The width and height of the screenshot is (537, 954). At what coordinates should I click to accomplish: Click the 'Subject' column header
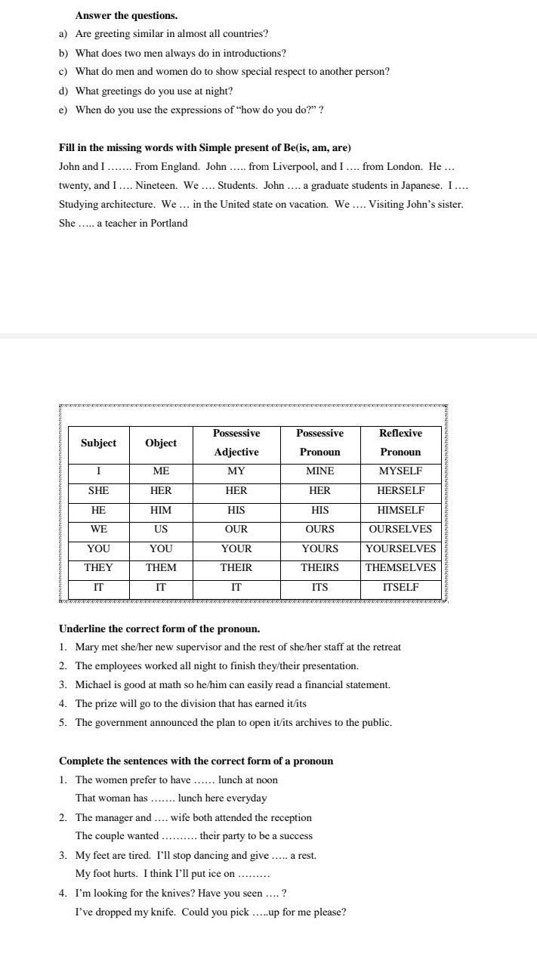click(98, 443)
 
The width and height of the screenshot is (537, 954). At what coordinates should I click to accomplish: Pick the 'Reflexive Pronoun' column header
click(400, 443)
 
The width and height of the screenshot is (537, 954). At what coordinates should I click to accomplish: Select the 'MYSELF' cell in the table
click(400, 471)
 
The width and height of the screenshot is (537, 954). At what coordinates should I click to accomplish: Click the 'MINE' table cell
click(319, 471)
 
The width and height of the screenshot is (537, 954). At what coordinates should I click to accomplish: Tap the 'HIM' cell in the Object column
click(161, 510)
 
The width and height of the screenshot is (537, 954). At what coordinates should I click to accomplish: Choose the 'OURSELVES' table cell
click(400, 529)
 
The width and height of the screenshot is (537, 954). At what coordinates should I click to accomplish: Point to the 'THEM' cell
click(161, 567)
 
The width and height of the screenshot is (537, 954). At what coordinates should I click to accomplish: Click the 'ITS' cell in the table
click(319, 587)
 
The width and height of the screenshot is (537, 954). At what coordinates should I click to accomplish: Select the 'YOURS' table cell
click(319, 548)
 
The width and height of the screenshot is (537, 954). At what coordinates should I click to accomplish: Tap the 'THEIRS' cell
click(319, 567)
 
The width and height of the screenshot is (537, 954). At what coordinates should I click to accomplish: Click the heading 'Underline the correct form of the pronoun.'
click(159, 628)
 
